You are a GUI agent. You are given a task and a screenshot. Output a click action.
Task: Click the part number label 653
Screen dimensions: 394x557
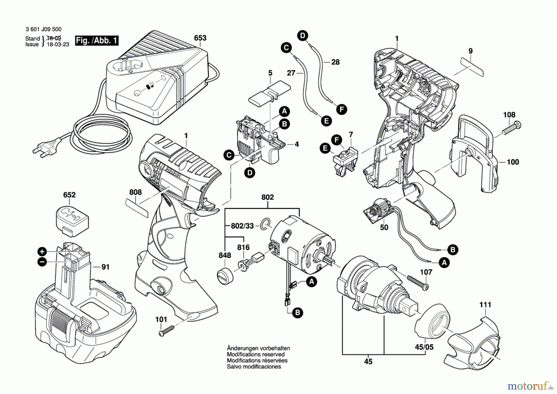click(200, 38)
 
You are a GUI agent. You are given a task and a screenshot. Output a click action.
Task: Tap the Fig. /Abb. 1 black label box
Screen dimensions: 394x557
click(97, 41)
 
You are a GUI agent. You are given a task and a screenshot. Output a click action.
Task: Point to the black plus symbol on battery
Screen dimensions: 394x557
click(42, 252)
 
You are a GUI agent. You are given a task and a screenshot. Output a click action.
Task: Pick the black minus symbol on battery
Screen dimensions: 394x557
click(42, 262)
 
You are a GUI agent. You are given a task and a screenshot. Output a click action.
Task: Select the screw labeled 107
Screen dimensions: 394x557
click(417, 282)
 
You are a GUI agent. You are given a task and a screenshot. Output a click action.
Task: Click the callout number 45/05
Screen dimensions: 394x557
click(424, 347)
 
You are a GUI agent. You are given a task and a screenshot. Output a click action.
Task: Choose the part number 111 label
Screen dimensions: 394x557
click(485, 305)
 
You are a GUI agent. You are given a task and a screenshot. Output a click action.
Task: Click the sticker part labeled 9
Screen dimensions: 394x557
click(472, 67)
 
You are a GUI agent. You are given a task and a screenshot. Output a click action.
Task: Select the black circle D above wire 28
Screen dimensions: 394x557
click(303, 35)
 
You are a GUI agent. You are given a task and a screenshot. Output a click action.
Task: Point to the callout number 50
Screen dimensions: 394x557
click(384, 228)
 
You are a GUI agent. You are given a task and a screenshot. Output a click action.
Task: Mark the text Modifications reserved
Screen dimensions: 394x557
click(256, 354)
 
